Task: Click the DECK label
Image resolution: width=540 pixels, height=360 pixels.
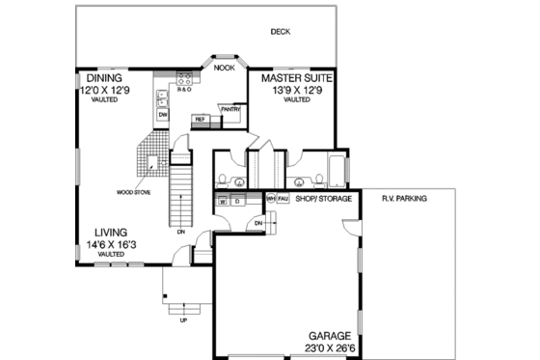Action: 281,32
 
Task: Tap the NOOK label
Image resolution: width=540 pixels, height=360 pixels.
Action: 224,69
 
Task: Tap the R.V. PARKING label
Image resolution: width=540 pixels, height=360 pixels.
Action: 404,199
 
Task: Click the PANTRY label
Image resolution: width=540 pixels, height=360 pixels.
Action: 229,109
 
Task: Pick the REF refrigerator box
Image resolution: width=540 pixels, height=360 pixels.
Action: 202,120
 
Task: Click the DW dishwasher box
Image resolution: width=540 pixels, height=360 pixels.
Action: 163,115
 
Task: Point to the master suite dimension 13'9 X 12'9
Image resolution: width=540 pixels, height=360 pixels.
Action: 290,89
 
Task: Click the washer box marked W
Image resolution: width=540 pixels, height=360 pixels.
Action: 222,202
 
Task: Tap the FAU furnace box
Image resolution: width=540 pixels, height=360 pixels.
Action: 283,199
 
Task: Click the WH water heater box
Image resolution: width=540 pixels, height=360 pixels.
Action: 271,199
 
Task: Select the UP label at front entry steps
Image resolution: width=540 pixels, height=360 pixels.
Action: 183,319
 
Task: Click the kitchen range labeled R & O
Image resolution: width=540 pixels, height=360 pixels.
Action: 183,90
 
